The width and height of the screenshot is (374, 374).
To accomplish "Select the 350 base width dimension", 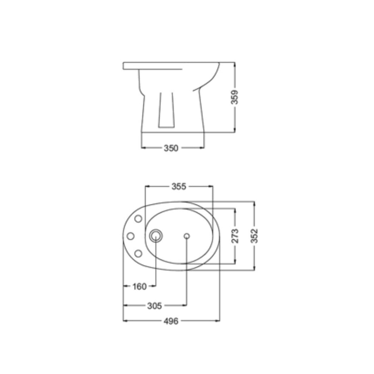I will pos(171,148).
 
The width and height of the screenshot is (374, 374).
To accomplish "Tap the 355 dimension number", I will pos(179,186).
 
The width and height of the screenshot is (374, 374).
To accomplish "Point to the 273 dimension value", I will pos(235,236).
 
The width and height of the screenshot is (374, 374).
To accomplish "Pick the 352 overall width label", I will pos(255,236).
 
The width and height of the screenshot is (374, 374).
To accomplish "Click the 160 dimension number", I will pos(140,286).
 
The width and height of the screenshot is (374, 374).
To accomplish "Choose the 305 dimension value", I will pos(155,305).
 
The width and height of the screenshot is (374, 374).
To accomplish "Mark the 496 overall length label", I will pos(171,321).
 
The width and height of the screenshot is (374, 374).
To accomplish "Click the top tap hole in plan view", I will pos(138,219).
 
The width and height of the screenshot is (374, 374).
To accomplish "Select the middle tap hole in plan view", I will pos(130,236).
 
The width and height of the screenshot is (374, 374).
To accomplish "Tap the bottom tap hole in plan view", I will pos(138,253).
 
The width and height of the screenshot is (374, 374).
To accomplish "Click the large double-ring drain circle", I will pos(156,236).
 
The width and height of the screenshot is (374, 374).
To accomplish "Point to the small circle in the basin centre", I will pos(186,236).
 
